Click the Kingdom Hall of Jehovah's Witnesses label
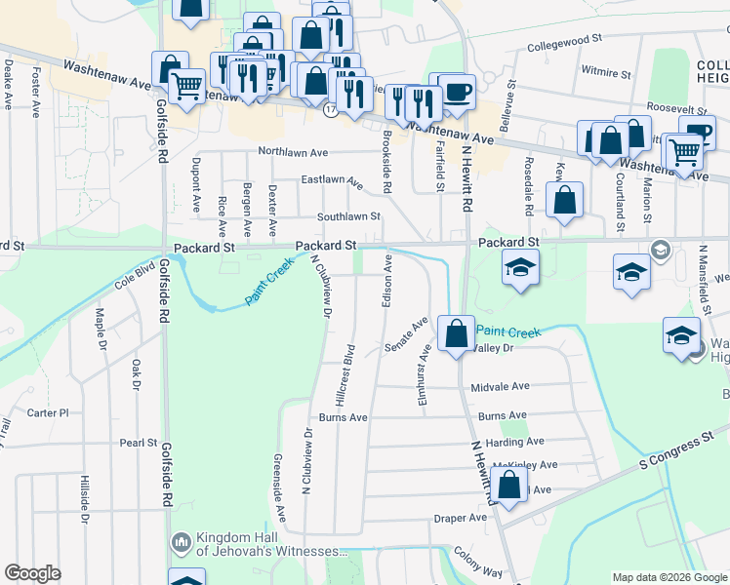pos(260,544)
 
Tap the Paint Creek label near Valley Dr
pos(507,332)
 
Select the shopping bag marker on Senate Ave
pos(456,334)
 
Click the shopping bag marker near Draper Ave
pos(509,484)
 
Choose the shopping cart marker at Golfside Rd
pos(185,87)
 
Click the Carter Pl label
pos(48,412)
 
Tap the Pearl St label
pos(139,443)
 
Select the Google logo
pos(32,573)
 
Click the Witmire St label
pos(606,72)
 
